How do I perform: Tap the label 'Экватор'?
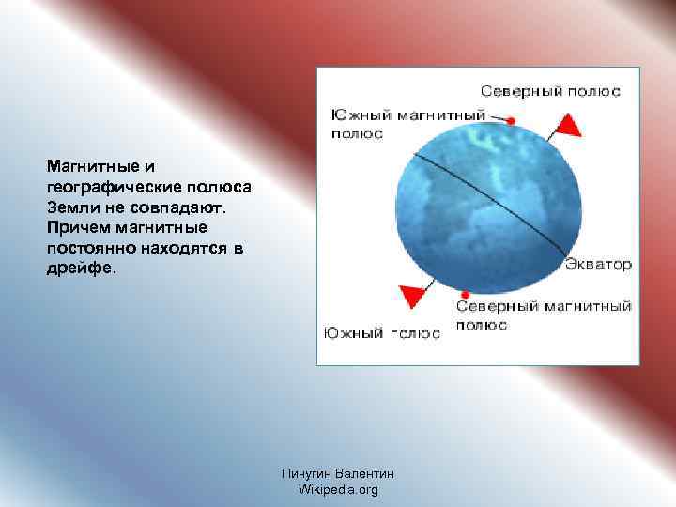click(x=598, y=264)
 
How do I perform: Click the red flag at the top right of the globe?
click(x=570, y=126)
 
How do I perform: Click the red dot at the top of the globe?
click(x=512, y=121)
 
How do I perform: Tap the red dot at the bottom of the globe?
click(x=466, y=295)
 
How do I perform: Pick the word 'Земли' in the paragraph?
click(x=70, y=206)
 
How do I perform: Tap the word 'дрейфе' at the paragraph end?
click(x=79, y=268)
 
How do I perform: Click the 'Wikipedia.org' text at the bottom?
click(x=338, y=489)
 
